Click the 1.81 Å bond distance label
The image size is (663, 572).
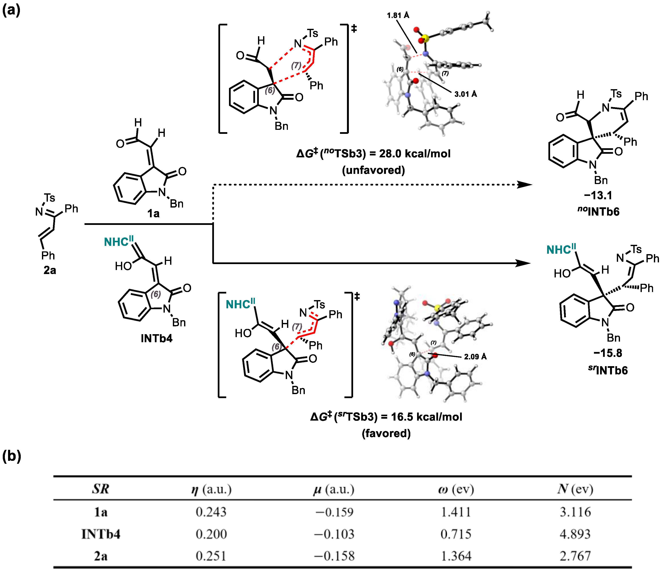pos(398,15)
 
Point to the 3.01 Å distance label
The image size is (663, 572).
pos(466,94)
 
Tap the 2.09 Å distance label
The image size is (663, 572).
pos(475,357)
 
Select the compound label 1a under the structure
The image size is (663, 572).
pos(153,213)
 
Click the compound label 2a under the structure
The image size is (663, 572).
pos(50,270)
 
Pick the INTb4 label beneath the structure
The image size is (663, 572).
pos(157,338)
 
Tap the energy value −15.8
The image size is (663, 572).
pos(608,353)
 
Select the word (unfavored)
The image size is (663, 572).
pos(373,170)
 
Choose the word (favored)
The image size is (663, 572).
pos(386,434)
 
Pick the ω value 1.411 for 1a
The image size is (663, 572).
pos(456,512)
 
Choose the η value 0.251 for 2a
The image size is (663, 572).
pos(211,556)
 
